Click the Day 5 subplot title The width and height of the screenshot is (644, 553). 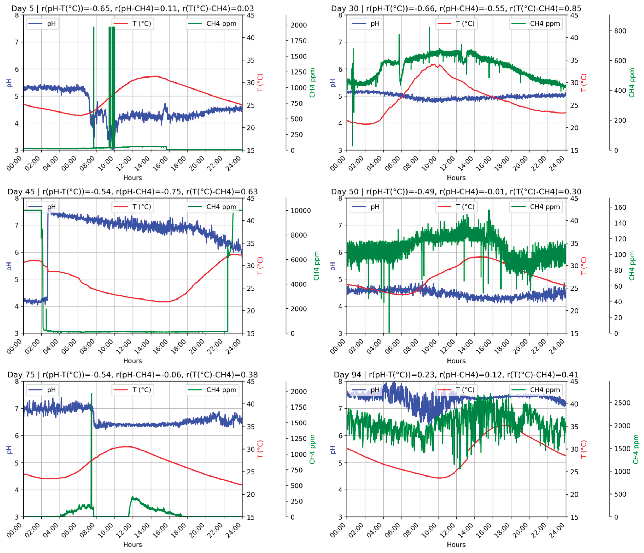132,8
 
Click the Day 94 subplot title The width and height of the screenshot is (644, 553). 456,375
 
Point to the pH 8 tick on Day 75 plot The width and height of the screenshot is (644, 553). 17,382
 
